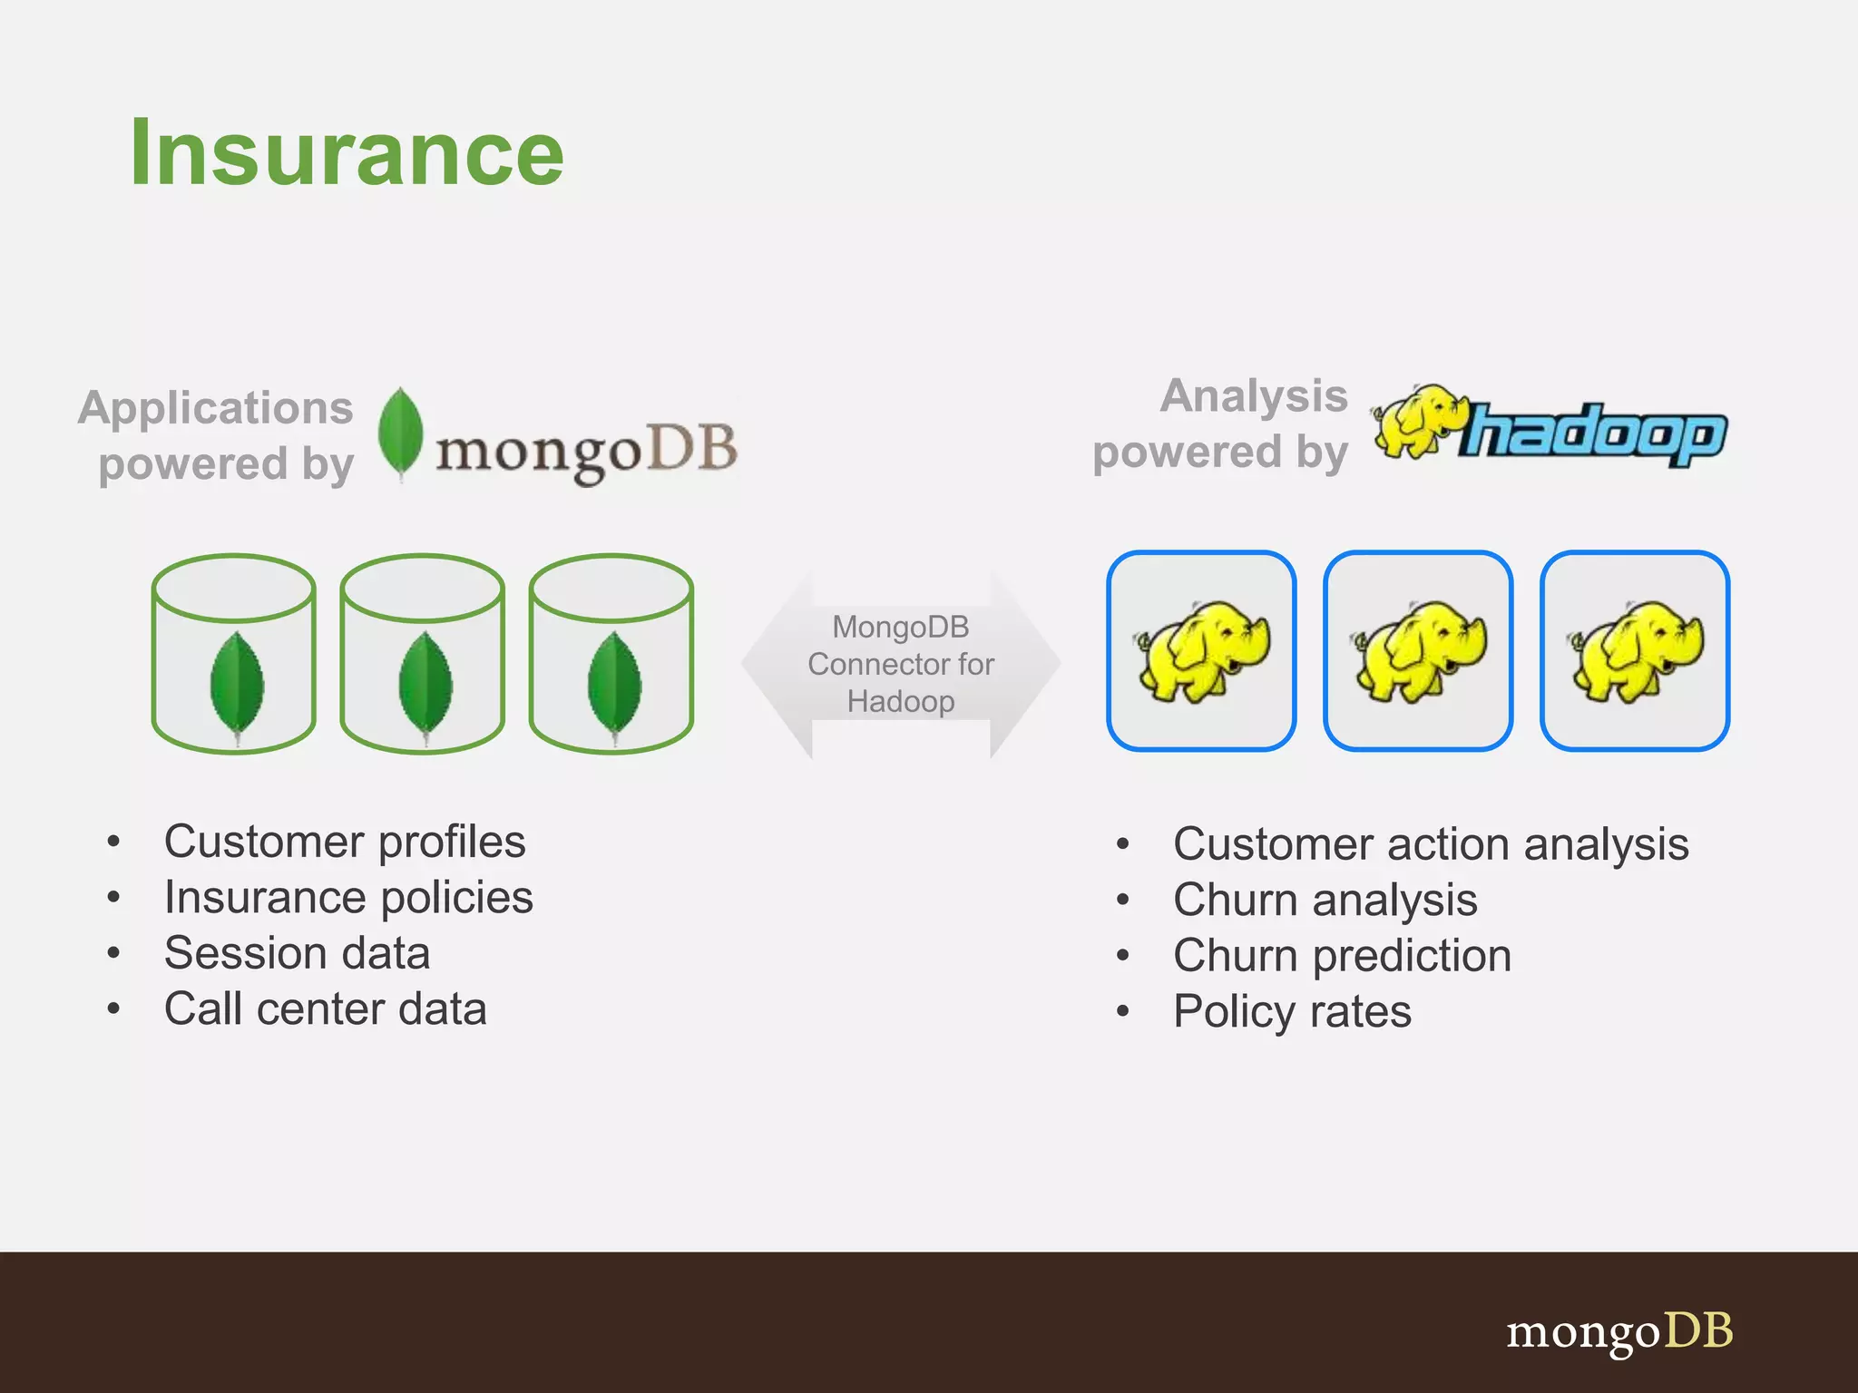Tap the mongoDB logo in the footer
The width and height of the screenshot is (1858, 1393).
(1618, 1331)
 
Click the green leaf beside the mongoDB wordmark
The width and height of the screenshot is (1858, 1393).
(399, 433)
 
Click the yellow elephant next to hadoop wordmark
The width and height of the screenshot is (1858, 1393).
(1417, 422)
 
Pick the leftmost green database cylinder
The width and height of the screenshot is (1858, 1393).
(234, 653)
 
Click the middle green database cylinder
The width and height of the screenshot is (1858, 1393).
(423, 653)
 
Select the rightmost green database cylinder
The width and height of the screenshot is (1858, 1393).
(611, 653)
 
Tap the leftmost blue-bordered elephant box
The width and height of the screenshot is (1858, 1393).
(1201, 650)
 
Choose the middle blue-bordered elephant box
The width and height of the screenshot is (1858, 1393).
(1418, 650)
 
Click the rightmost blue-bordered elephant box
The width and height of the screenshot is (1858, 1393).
(1635, 650)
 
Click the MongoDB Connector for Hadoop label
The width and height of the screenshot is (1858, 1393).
(901, 664)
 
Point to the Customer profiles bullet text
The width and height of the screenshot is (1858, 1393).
(345, 842)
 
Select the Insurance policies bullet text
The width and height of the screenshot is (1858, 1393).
(348, 898)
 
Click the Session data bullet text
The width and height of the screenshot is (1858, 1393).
(297, 953)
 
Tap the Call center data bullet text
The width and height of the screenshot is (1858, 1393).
(325, 1009)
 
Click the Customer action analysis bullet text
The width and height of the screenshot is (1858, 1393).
(1431, 844)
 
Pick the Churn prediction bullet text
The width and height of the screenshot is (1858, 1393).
(1342, 956)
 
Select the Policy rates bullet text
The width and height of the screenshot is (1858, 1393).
(1292, 1011)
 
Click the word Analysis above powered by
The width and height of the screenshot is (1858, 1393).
(1254, 396)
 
